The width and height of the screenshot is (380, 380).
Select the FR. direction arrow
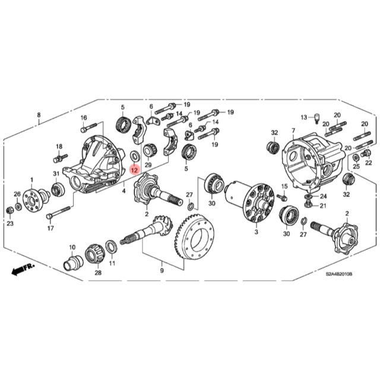click(x=23, y=270)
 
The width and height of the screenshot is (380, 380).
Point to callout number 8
click(x=39, y=115)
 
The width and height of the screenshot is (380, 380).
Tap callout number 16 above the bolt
click(x=84, y=118)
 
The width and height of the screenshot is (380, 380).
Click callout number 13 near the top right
click(x=303, y=117)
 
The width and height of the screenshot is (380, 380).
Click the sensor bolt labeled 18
click(x=59, y=158)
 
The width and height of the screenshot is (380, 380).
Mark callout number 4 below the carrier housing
click(x=123, y=192)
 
